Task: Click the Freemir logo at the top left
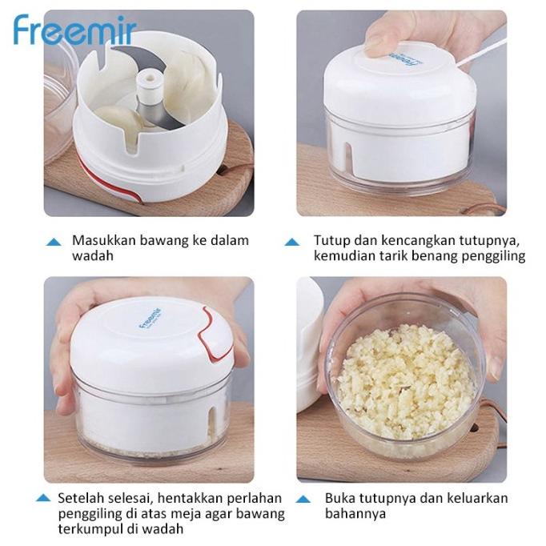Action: point(74,30)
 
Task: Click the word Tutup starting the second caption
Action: point(331,240)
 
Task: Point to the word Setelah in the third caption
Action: point(79,498)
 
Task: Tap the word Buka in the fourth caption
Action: point(339,498)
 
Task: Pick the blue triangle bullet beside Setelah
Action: point(45,499)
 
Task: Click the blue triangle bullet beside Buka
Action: point(304,499)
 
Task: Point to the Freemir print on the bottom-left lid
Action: point(151,315)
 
